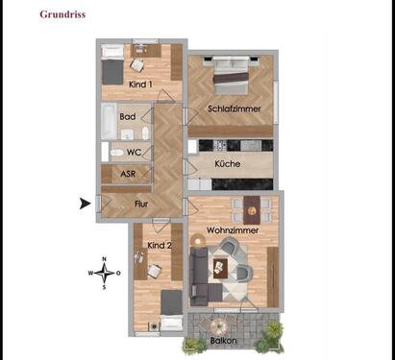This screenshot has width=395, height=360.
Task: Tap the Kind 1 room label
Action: pyautogui.click(x=142, y=84)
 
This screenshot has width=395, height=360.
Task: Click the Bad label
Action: pyautogui.click(x=127, y=116)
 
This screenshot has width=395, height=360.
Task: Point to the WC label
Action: pyautogui.click(x=134, y=152)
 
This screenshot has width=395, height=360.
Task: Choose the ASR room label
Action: pyautogui.click(x=128, y=174)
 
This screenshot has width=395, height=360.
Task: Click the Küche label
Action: pyautogui.click(x=228, y=164)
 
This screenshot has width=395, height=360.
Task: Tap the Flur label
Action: pyautogui.click(x=140, y=204)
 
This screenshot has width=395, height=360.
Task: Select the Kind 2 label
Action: pyautogui.click(x=160, y=245)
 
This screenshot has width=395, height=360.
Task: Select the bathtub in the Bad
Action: pyautogui.click(x=109, y=122)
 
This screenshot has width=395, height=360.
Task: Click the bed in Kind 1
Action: pyautogui.click(x=112, y=64)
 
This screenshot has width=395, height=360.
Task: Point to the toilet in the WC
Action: pyautogui.click(x=116, y=152)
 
